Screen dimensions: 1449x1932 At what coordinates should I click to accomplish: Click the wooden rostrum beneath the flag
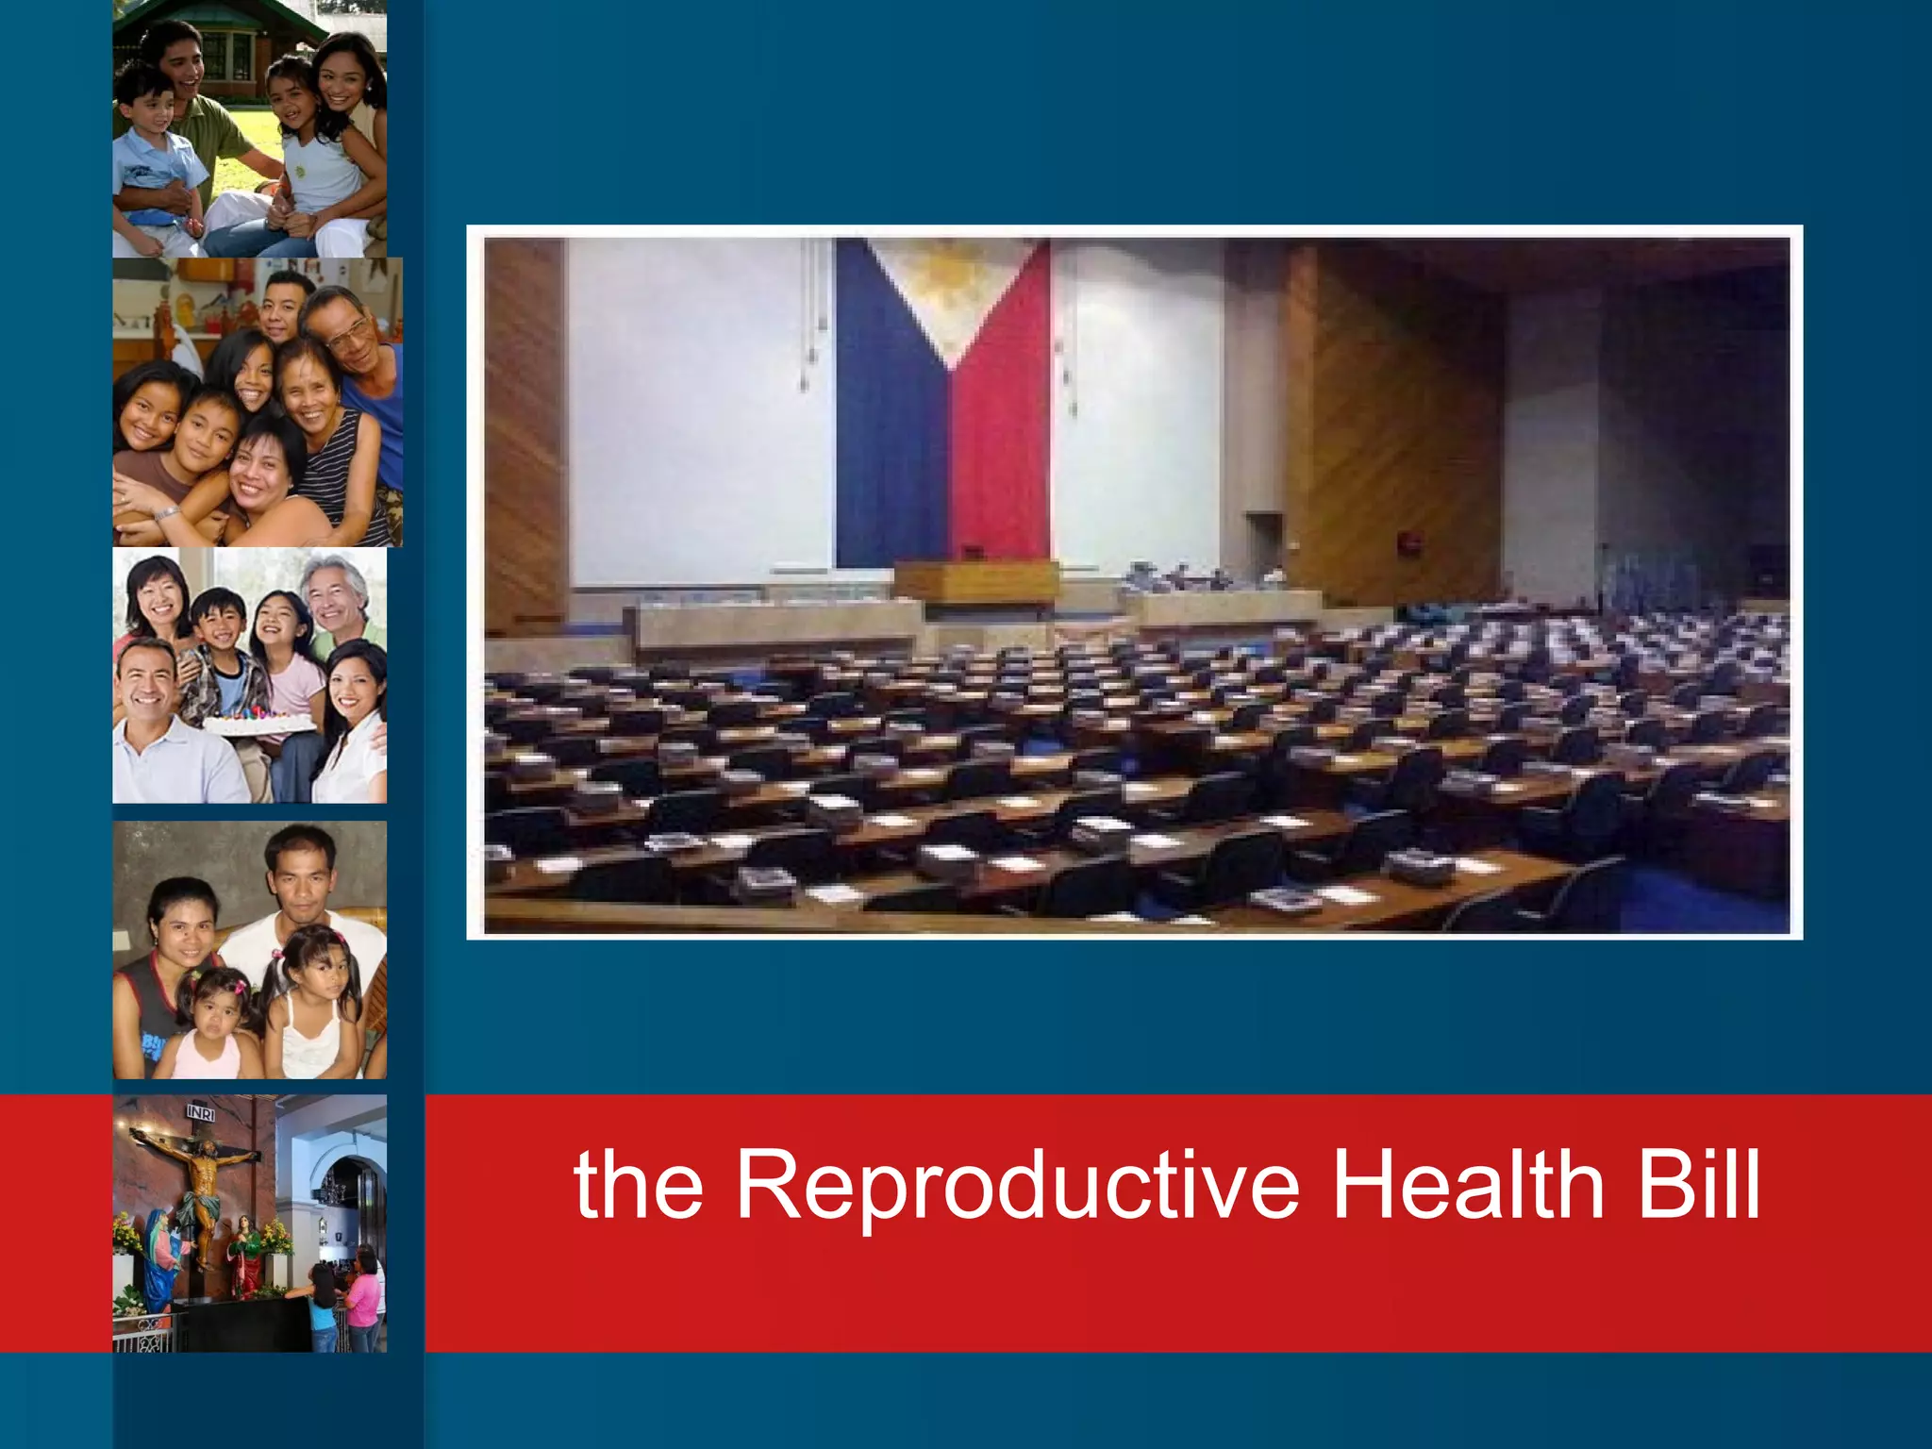coord(975,581)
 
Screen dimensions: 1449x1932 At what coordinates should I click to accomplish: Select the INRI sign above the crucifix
coord(200,1113)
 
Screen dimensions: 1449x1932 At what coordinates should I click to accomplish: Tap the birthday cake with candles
coord(258,722)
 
